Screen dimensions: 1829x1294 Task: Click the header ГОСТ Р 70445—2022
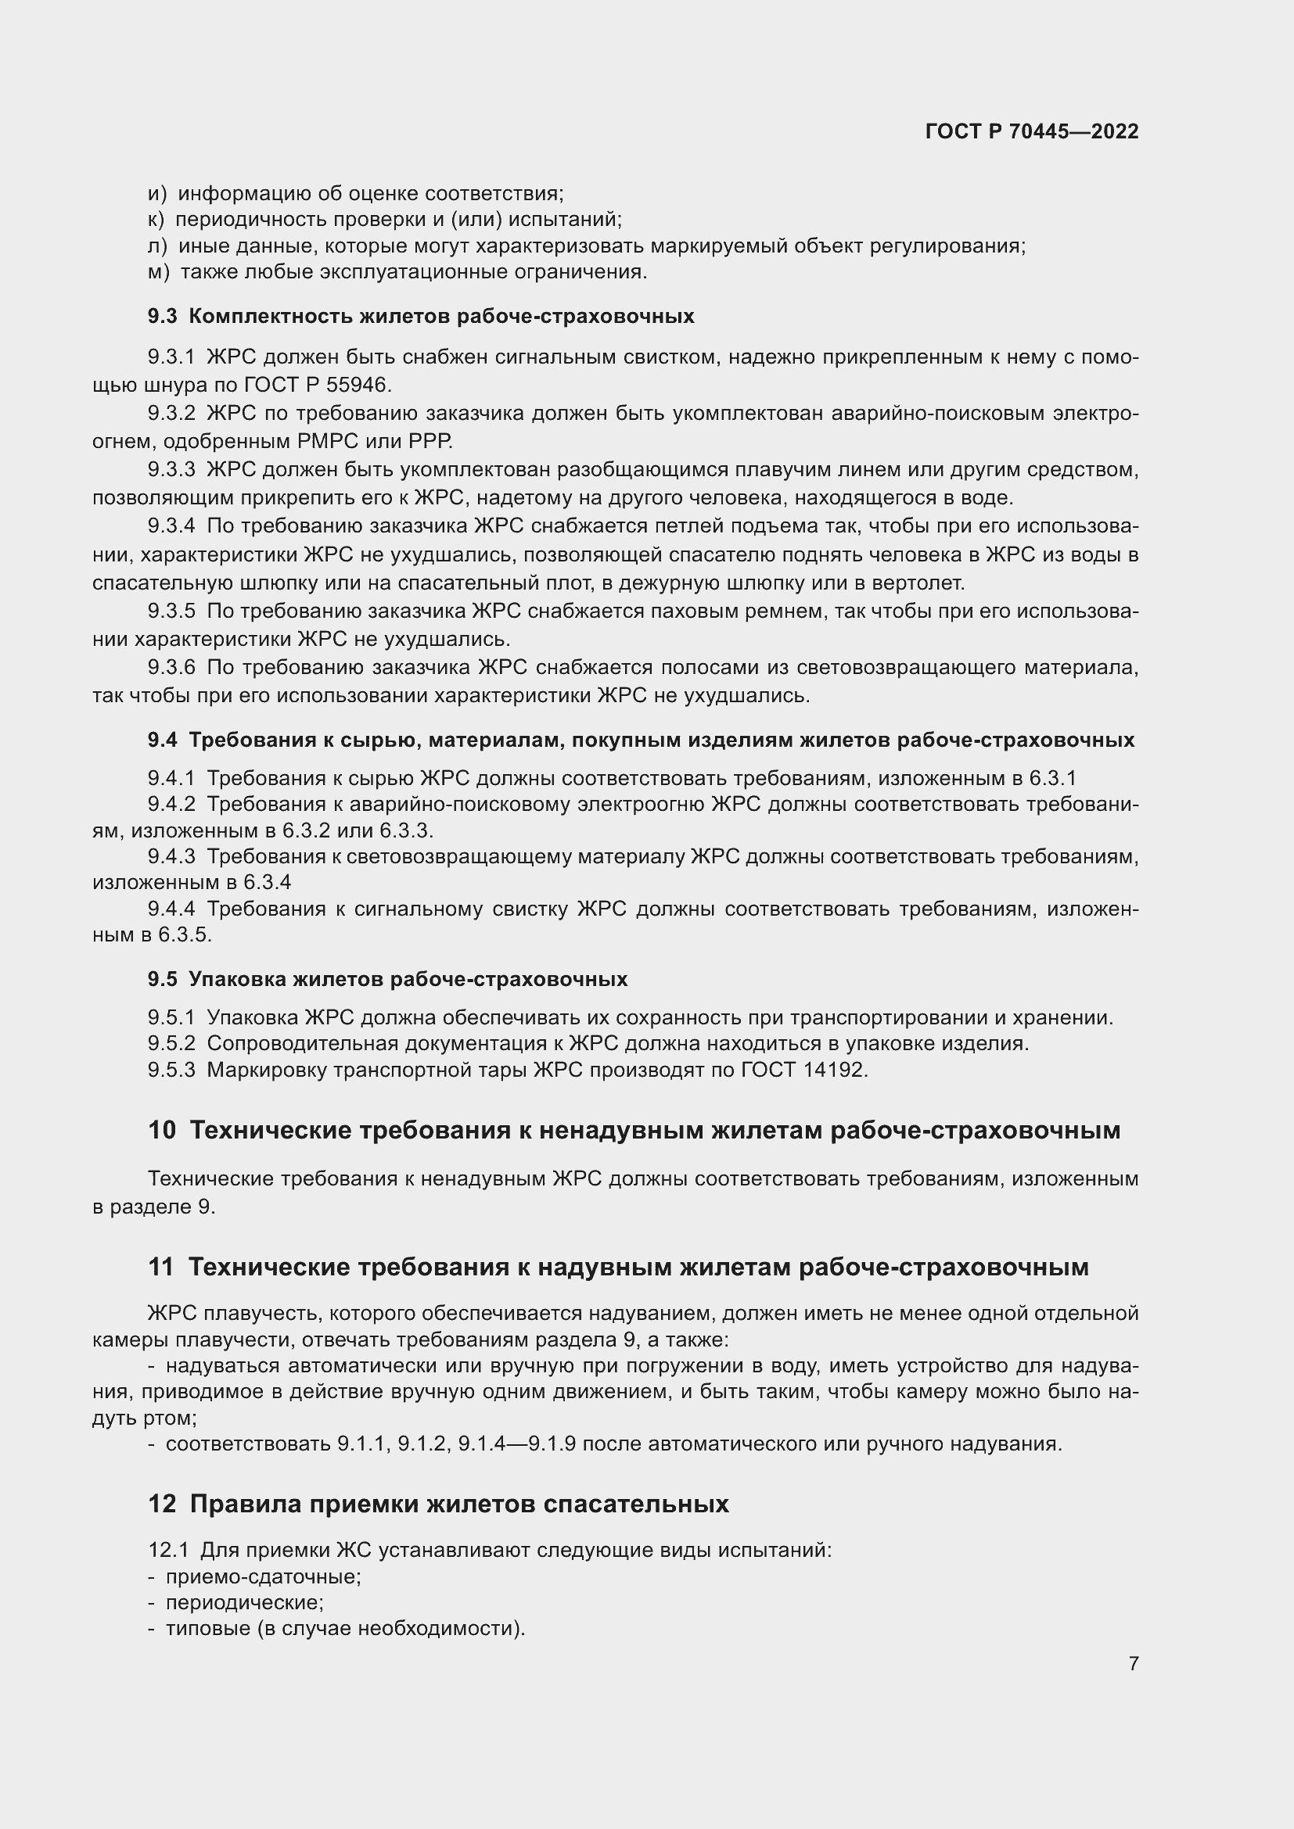pos(1032,131)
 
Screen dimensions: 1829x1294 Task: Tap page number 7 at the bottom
pos(1133,1663)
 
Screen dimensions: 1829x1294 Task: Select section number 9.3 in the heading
pos(163,316)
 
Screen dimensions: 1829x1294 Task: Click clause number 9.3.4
pos(171,525)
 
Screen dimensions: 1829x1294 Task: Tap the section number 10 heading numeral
pos(162,1131)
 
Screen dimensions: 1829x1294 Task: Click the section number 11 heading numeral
pos(160,1268)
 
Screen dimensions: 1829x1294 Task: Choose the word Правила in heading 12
pos(246,1504)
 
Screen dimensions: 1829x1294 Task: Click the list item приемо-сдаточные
pos(263,1576)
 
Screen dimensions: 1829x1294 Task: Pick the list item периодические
pos(244,1603)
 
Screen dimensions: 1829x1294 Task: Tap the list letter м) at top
pos(159,272)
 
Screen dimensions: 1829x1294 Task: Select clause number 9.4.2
pos(171,805)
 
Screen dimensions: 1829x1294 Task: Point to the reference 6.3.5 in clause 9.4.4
pos(184,935)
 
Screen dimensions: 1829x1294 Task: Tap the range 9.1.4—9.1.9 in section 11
pos(516,1443)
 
